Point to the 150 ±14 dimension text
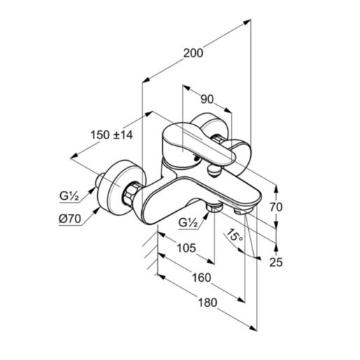[112, 135]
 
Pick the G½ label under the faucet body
[188, 223]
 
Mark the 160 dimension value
[200, 278]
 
